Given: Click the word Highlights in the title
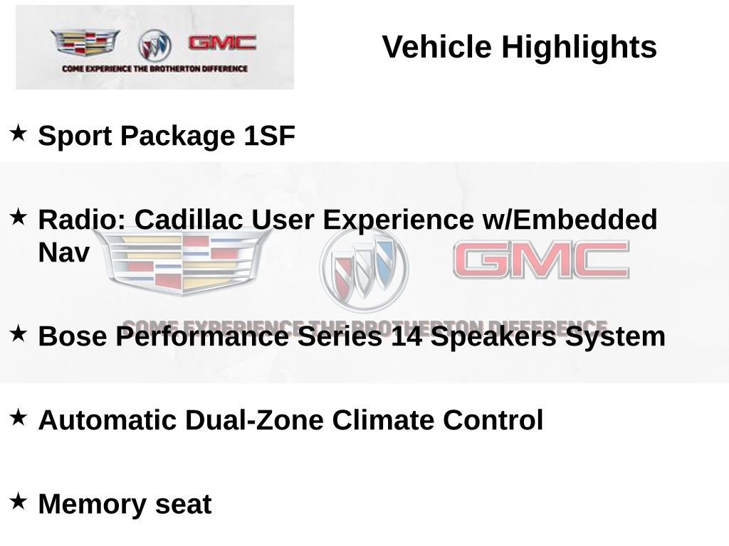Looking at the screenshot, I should coord(579,48).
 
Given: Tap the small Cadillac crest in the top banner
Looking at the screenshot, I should coord(85,43).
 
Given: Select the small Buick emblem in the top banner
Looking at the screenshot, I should coord(154,45).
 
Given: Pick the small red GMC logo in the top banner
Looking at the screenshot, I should coord(222,43).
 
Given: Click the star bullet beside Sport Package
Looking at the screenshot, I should coord(19,132).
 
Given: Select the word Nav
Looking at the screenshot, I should coord(64,253).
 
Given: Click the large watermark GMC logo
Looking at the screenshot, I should coord(541,259).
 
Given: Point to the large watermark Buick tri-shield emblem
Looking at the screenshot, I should coord(364,268).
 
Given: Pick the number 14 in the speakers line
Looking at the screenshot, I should coord(407,336).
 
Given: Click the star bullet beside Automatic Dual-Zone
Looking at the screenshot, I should coord(19,417).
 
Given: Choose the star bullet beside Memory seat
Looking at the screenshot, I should coord(19,501).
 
